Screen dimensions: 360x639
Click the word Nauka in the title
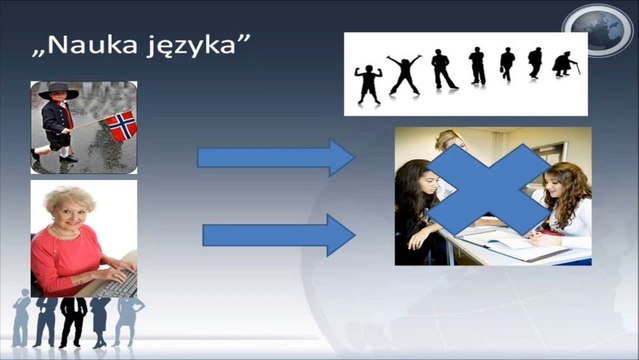[98, 46]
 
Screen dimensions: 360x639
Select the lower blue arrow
[279, 236]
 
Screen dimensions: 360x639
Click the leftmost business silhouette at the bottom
[21, 320]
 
